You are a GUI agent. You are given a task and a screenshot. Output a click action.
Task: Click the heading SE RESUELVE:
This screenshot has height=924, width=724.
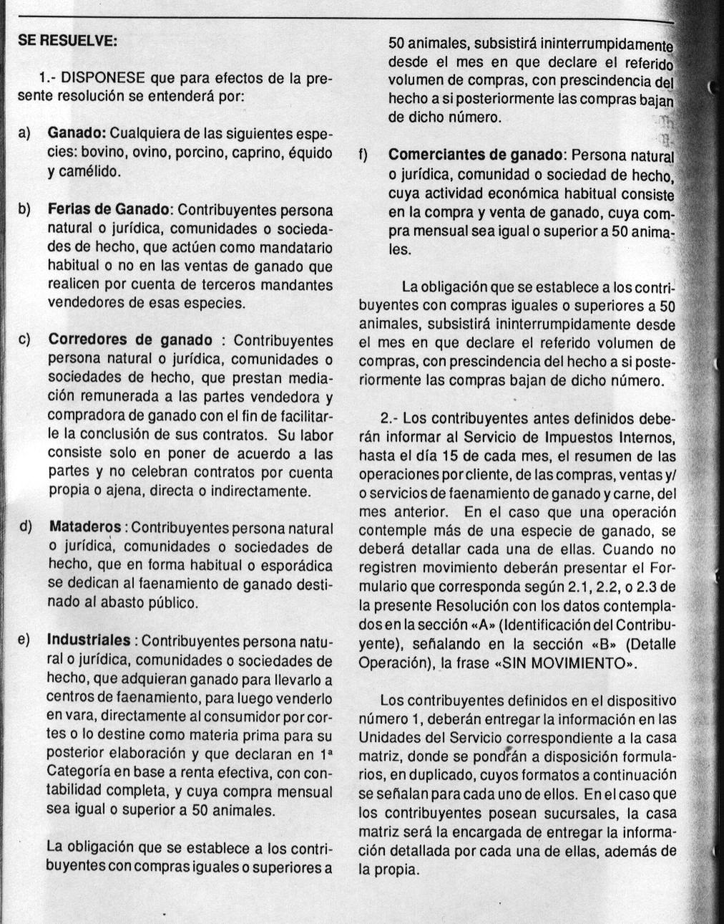point(67,41)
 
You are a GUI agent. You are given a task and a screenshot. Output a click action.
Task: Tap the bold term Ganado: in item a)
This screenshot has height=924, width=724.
point(77,134)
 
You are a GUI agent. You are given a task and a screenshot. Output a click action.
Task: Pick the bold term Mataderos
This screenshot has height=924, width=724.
point(85,528)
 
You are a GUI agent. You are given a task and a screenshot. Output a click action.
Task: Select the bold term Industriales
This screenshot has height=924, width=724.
point(89,640)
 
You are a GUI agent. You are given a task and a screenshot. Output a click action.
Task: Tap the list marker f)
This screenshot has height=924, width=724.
point(363,155)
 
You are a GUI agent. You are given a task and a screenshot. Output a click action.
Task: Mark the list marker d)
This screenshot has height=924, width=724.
point(26,528)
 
